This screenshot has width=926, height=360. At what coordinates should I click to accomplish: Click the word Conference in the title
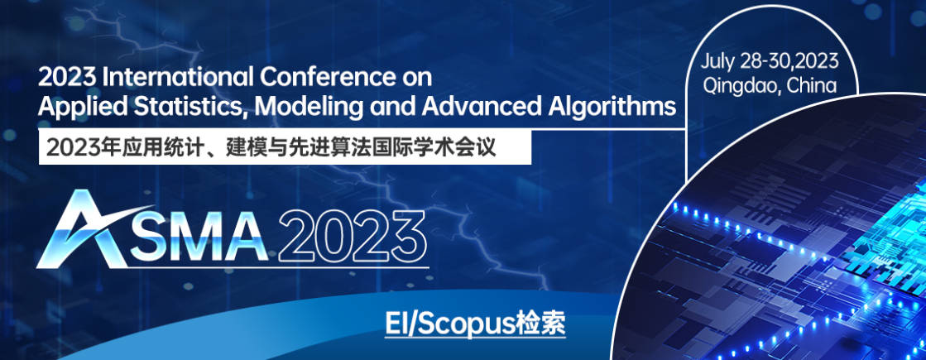[323, 78]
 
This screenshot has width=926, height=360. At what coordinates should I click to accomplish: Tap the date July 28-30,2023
[770, 60]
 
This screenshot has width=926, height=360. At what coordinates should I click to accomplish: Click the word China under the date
[813, 85]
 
